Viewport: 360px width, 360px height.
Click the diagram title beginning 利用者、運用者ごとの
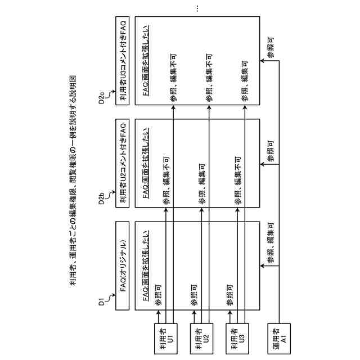73,180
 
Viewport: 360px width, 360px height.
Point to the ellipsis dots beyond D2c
197,8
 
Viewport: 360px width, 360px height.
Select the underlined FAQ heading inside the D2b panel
146,163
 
